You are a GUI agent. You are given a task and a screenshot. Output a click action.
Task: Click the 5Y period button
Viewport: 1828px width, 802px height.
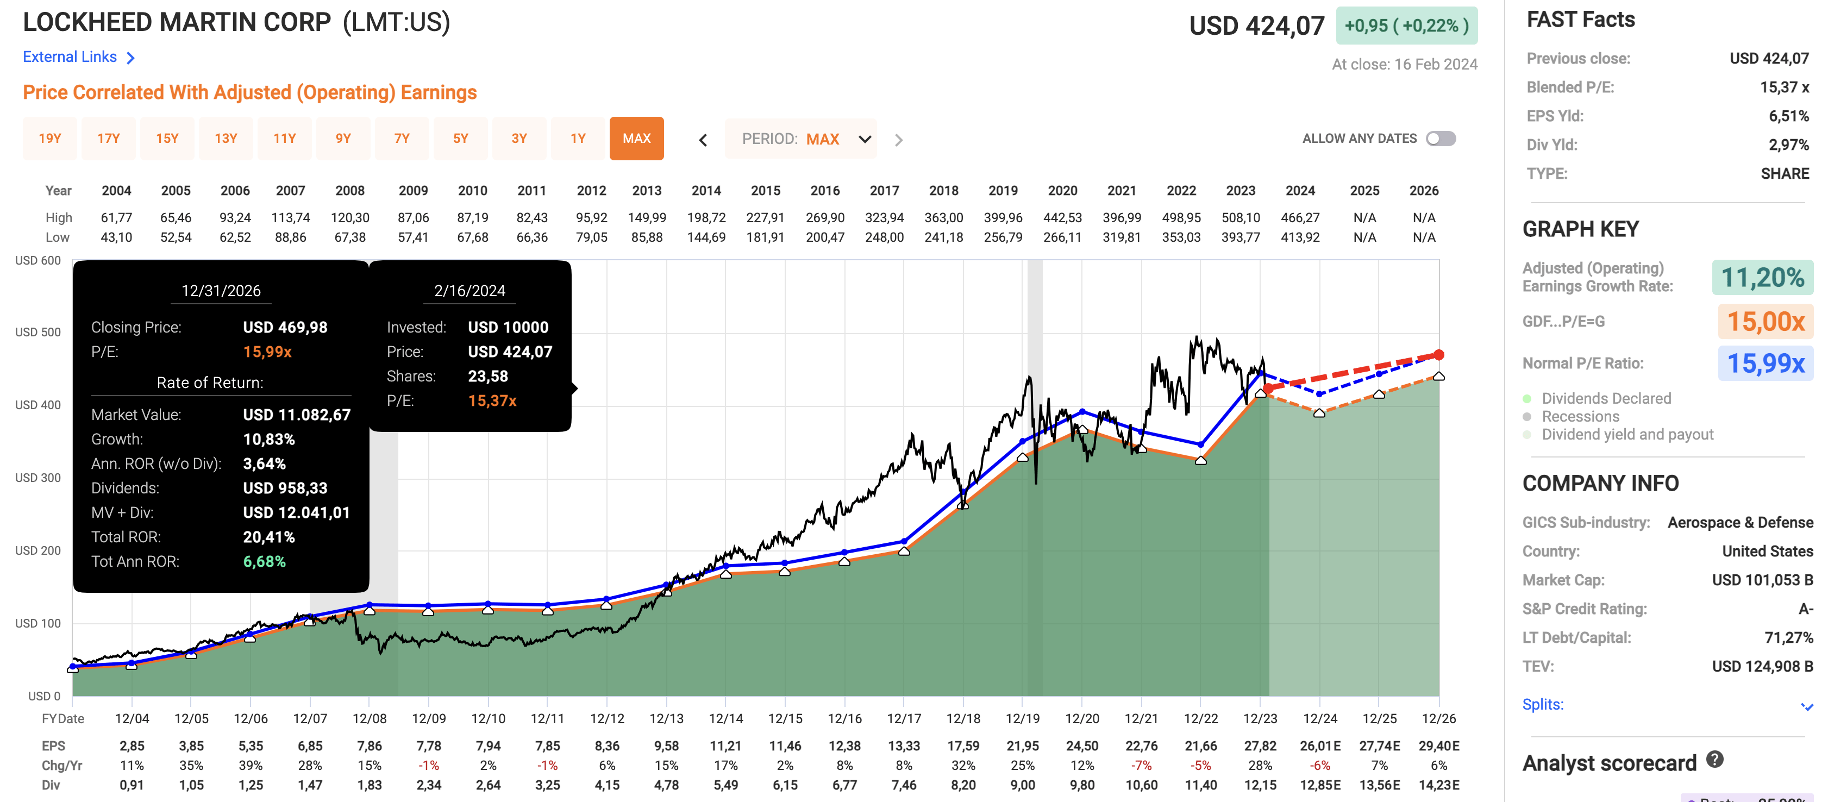coord(461,139)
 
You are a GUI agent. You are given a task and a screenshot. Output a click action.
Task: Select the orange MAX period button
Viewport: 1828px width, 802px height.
coord(636,139)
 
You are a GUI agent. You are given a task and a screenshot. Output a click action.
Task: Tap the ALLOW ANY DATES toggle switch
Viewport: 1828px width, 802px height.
coord(1441,139)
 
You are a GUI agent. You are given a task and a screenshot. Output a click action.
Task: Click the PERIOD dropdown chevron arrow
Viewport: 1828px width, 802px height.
coord(865,139)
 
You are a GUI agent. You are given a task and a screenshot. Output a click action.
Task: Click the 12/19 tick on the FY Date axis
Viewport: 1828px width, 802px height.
coord(1023,718)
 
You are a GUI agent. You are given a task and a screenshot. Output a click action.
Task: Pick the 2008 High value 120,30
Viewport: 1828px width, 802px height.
coord(350,218)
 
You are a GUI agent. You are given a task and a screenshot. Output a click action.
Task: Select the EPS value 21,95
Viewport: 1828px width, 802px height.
coord(1023,746)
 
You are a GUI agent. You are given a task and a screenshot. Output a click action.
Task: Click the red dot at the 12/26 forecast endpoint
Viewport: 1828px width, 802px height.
coord(1438,355)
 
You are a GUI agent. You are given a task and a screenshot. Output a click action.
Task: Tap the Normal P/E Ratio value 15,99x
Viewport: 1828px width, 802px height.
coord(1765,364)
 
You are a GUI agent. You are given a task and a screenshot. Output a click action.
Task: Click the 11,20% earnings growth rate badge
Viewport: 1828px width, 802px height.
coord(1762,278)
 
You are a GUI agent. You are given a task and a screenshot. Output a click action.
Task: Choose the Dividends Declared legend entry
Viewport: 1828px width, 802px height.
coord(1606,398)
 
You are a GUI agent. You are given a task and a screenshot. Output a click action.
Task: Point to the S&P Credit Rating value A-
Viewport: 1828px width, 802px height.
coord(1805,609)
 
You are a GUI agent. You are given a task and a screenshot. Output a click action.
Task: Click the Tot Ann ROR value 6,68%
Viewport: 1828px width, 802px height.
coord(264,561)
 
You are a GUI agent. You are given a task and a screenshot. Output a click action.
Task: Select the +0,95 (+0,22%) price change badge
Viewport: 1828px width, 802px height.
coord(1406,26)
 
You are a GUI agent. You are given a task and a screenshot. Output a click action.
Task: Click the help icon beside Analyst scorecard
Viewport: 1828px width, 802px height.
coord(1714,760)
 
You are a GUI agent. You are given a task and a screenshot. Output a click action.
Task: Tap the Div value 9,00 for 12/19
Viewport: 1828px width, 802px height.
coord(1023,785)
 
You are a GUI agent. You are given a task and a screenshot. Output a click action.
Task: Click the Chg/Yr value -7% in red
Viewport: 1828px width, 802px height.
coord(1141,766)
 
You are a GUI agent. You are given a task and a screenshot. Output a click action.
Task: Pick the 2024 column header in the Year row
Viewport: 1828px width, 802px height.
coord(1300,190)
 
